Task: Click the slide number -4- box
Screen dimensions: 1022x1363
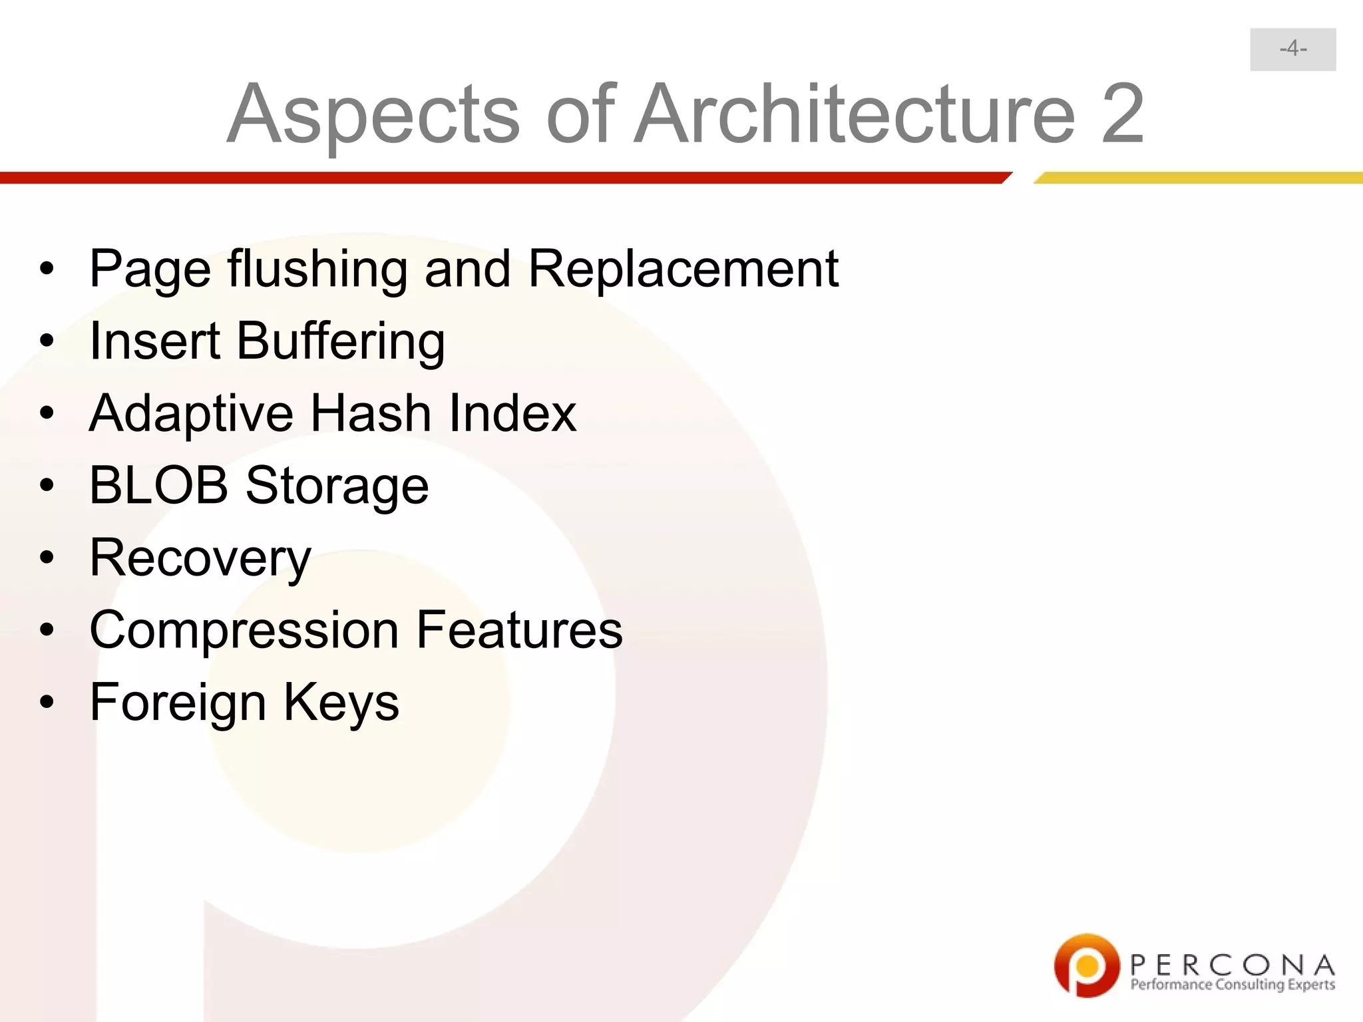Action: click(x=1292, y=49)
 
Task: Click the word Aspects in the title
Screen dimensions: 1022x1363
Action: click(x=373, y=114)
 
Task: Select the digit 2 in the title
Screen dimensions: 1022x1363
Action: click(x=1122, y=114)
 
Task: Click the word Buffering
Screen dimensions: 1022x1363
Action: click(x=340, y=341)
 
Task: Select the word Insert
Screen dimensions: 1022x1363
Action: click(x=154, y=341)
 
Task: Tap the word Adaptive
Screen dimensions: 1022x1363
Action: click(x=191, y=414)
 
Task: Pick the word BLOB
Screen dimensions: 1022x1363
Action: click(x=158, y=485)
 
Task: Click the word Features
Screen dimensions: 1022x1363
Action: click(x=519, y=629)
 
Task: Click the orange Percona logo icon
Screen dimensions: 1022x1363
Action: click(x=1086, y=965)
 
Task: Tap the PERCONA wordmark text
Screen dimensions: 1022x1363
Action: click(x=1232, y=964)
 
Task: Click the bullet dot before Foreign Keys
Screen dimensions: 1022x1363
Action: click(x=46, y=702)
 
